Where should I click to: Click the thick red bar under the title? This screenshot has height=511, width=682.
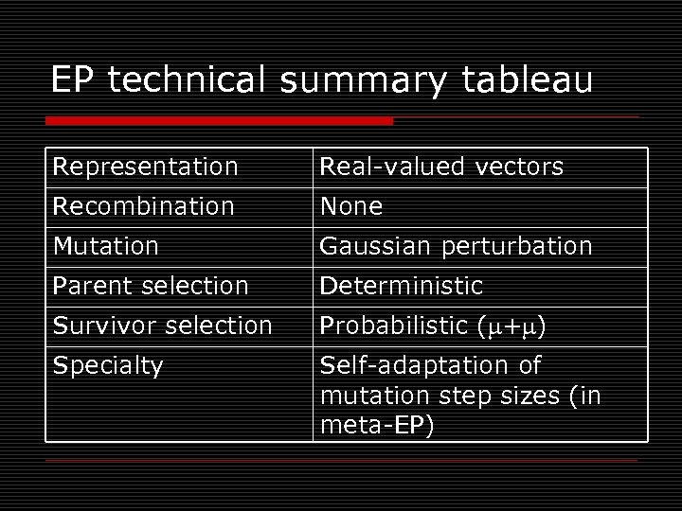(x=219, y=121)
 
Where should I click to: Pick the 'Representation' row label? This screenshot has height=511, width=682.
(x=145, y=167)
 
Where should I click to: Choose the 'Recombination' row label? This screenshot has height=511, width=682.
(x=143, y=206)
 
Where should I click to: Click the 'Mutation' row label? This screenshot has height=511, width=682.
(x=106, y=246)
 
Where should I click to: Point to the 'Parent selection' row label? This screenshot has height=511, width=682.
(x=151, y=286)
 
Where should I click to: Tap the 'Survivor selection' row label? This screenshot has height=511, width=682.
(x=162, y=326)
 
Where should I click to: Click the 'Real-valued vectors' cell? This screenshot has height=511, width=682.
(x=441, y=167)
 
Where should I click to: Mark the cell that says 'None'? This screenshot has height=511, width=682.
(x=350, y=206)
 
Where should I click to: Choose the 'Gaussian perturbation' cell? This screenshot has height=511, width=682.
(x=456, y=246)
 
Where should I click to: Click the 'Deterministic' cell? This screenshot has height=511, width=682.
(x=402, y=286)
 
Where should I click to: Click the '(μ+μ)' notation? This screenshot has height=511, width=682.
(x=513, y=326)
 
